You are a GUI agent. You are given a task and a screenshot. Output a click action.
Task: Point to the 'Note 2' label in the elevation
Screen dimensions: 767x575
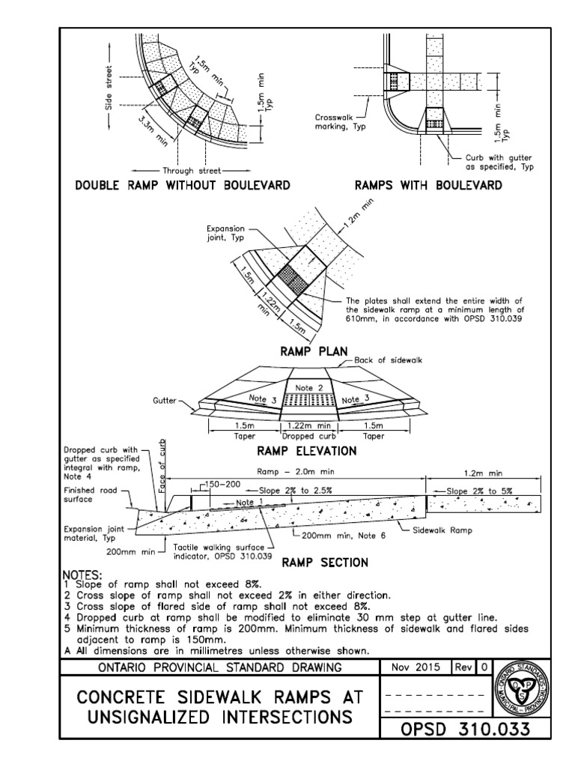[308, 387]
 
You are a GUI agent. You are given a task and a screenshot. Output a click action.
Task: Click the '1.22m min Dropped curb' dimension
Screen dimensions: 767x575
[308, 429]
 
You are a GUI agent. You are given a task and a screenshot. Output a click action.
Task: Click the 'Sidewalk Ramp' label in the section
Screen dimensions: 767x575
[447, 528]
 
